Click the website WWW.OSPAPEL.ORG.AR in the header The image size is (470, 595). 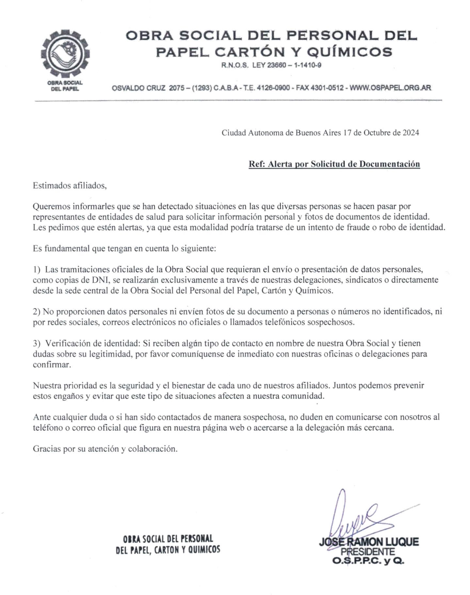pyautogui.click(x=390, y=88)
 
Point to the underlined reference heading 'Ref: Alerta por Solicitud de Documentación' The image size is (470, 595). pyautogui.click(x=334, y=164)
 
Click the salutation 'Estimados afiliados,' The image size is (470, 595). pyautogui.click(x=70, y=186)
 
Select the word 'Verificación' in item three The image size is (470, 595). pyautogui.click(x=68, y=343)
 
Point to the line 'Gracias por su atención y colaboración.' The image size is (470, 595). pyautogui.click(x=105, y=449)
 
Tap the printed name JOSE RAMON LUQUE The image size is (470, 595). pyautogui.click(x=369, y=542)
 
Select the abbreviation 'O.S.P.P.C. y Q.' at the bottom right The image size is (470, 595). pyautogui.click(x=368, y=561)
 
